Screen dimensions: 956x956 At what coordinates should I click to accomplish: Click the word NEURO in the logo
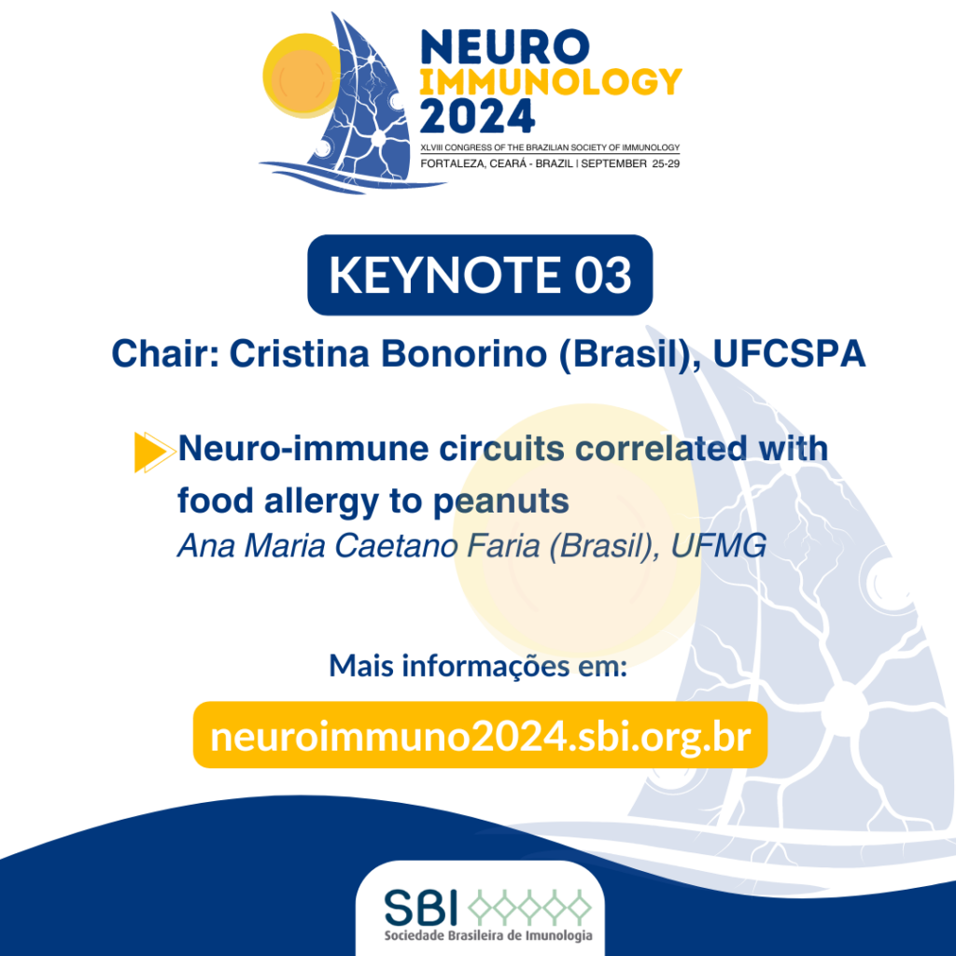pyautogui.click(x=505, y=47)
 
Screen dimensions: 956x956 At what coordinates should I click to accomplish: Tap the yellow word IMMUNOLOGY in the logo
pyautogui.click(x=551, y=82)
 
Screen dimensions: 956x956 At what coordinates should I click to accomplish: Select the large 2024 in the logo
pyautogui.click(x=477, y=117)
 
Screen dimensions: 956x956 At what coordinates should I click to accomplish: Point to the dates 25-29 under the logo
pyautogui.click(x=666, y=163)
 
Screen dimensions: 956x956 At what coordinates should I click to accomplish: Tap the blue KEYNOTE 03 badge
pyautogui.click(x=480, y=275)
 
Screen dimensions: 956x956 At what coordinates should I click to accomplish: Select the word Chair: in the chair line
pyautogui.click(x=165, y=354)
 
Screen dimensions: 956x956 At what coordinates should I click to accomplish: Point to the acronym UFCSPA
pyautogui.click(x=789, y=354)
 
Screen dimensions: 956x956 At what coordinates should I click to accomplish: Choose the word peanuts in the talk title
pyautogui.click(x=500, y=501)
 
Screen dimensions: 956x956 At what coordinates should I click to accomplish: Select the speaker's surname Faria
pyautogui.click(x=503, y=545)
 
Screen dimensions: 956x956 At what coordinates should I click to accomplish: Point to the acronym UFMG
pyautogui.click(x=718, y=545)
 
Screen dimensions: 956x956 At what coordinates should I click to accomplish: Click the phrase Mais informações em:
pyautogui.click(x=478, y=665)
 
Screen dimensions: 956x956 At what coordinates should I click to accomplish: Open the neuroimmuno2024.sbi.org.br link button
pyautogui.click(x=480, y=736)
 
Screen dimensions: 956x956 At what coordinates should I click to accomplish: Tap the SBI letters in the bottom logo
pyautogui.click(x=421, y=907)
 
